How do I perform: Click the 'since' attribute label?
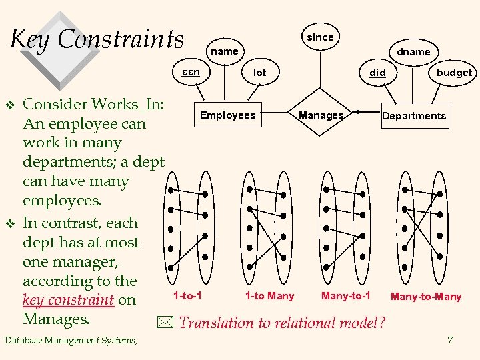tap(320, 37)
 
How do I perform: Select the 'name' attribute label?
tap(224, 51)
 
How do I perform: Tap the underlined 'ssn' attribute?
tap(191, 72)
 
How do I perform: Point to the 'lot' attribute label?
tap(259, 72)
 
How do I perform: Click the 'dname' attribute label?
tap(413, 51)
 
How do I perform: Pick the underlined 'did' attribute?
tap(377, 72)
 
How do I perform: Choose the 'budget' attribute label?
tap(454, 73)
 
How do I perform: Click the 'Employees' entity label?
tap(227, 115)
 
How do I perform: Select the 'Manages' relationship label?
tap(321, 115)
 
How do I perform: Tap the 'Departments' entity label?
tap(414, 116)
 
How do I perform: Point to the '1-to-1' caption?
tap(187, 295)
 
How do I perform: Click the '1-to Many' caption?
tap(269, 295)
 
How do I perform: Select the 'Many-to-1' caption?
tap(345, 295)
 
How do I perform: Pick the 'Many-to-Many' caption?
tap(426, 297)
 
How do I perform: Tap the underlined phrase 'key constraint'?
tap(69, 300)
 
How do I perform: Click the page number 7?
tap(451, 341)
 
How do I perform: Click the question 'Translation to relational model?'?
tap(282, 323)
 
